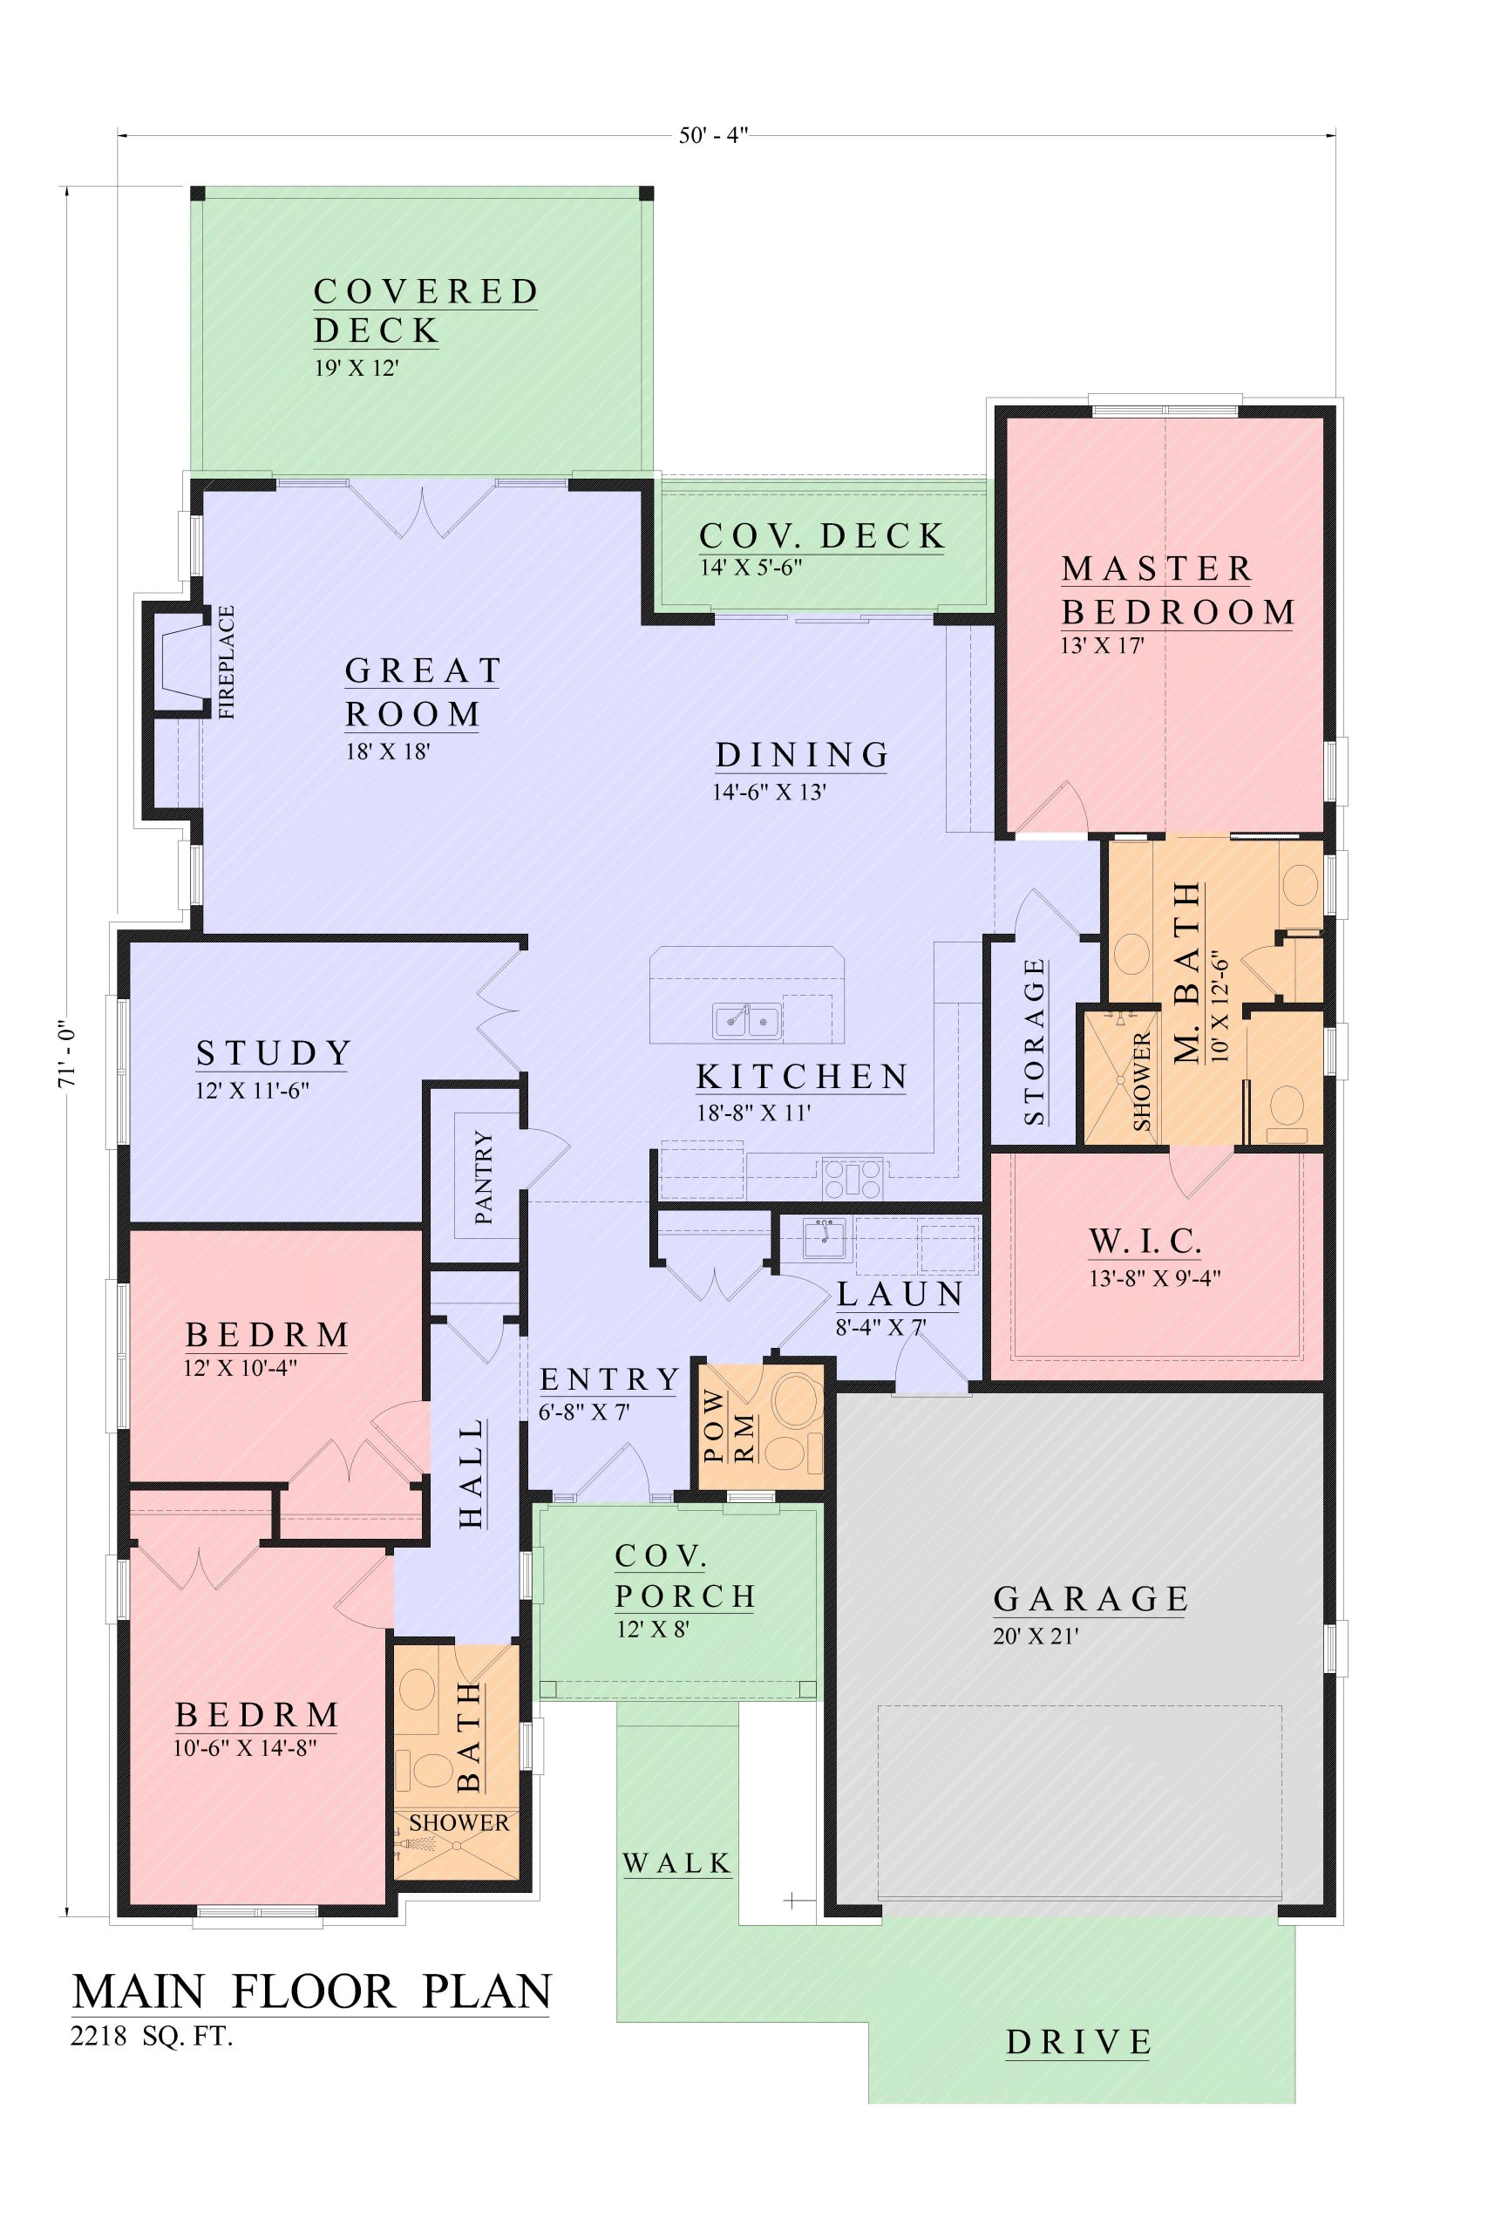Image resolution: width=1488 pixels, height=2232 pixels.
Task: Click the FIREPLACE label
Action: (x=226, y=662)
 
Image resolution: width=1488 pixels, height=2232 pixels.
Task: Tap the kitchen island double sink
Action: (x=748, y=1021)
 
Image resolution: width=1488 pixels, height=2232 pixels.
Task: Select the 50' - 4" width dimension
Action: (x=714, y=135)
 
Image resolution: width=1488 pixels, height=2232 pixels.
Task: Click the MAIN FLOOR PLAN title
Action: (x=312, y=1991)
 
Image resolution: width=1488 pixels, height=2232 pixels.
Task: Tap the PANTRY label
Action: (x=483, y=1177)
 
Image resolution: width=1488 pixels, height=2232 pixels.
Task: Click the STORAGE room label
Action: (x=1035, y=1042)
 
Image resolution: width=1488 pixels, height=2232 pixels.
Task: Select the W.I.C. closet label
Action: (x=1145, y=1241)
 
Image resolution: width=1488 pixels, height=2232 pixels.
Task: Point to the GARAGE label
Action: (x=1091, y=1599)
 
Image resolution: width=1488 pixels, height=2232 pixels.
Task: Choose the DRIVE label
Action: (x=1079, y=2042)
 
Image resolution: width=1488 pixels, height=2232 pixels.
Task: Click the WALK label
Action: (x=677, y=1864)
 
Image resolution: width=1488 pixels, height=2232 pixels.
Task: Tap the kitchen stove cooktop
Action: (x=853, y=1179)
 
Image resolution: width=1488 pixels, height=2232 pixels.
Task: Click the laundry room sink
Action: (x=824, y=1237)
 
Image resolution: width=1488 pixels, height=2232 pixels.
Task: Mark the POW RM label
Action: (x=730, y=1427)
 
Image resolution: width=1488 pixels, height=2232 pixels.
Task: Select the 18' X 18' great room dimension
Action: (x=388, y=752)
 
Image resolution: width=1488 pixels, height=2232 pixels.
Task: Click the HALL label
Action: (x=472, y=1473)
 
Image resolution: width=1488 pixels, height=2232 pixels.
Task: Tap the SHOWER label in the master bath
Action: (x=1142, y=1082)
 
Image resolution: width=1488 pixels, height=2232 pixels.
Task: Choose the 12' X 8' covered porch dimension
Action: (x=652, y=1630)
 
